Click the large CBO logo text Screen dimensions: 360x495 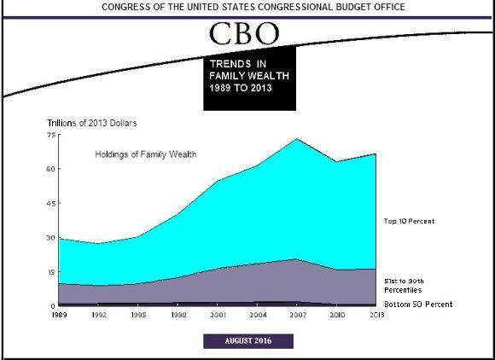tap(245, 34)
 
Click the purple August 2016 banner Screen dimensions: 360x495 tap(248, 341)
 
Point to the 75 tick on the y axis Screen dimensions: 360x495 tap(50, 136)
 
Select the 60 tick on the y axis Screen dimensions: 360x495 tap(50, 169)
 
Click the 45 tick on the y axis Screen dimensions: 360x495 tap(50, 203)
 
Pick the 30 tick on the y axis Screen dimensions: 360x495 tap(50, 237)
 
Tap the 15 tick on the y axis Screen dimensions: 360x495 tap(50, 271)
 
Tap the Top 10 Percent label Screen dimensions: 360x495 tap(410, 221)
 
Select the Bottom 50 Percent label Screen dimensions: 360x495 tap(418, 305)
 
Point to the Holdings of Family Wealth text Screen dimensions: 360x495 tap(145, 154)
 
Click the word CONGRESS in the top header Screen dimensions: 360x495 tap(127, 7)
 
